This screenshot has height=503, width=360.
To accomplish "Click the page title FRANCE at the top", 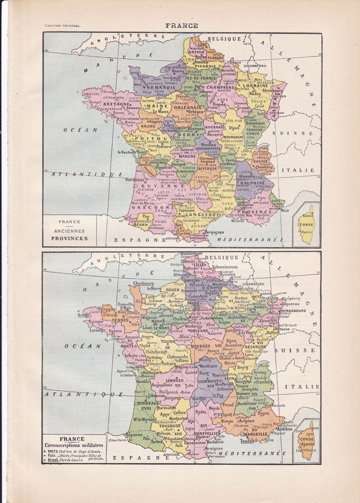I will click(182, 26).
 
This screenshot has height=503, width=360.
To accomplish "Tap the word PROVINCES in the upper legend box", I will click(70, 238).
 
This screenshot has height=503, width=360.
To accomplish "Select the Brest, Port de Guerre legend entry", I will click(66, 460).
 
